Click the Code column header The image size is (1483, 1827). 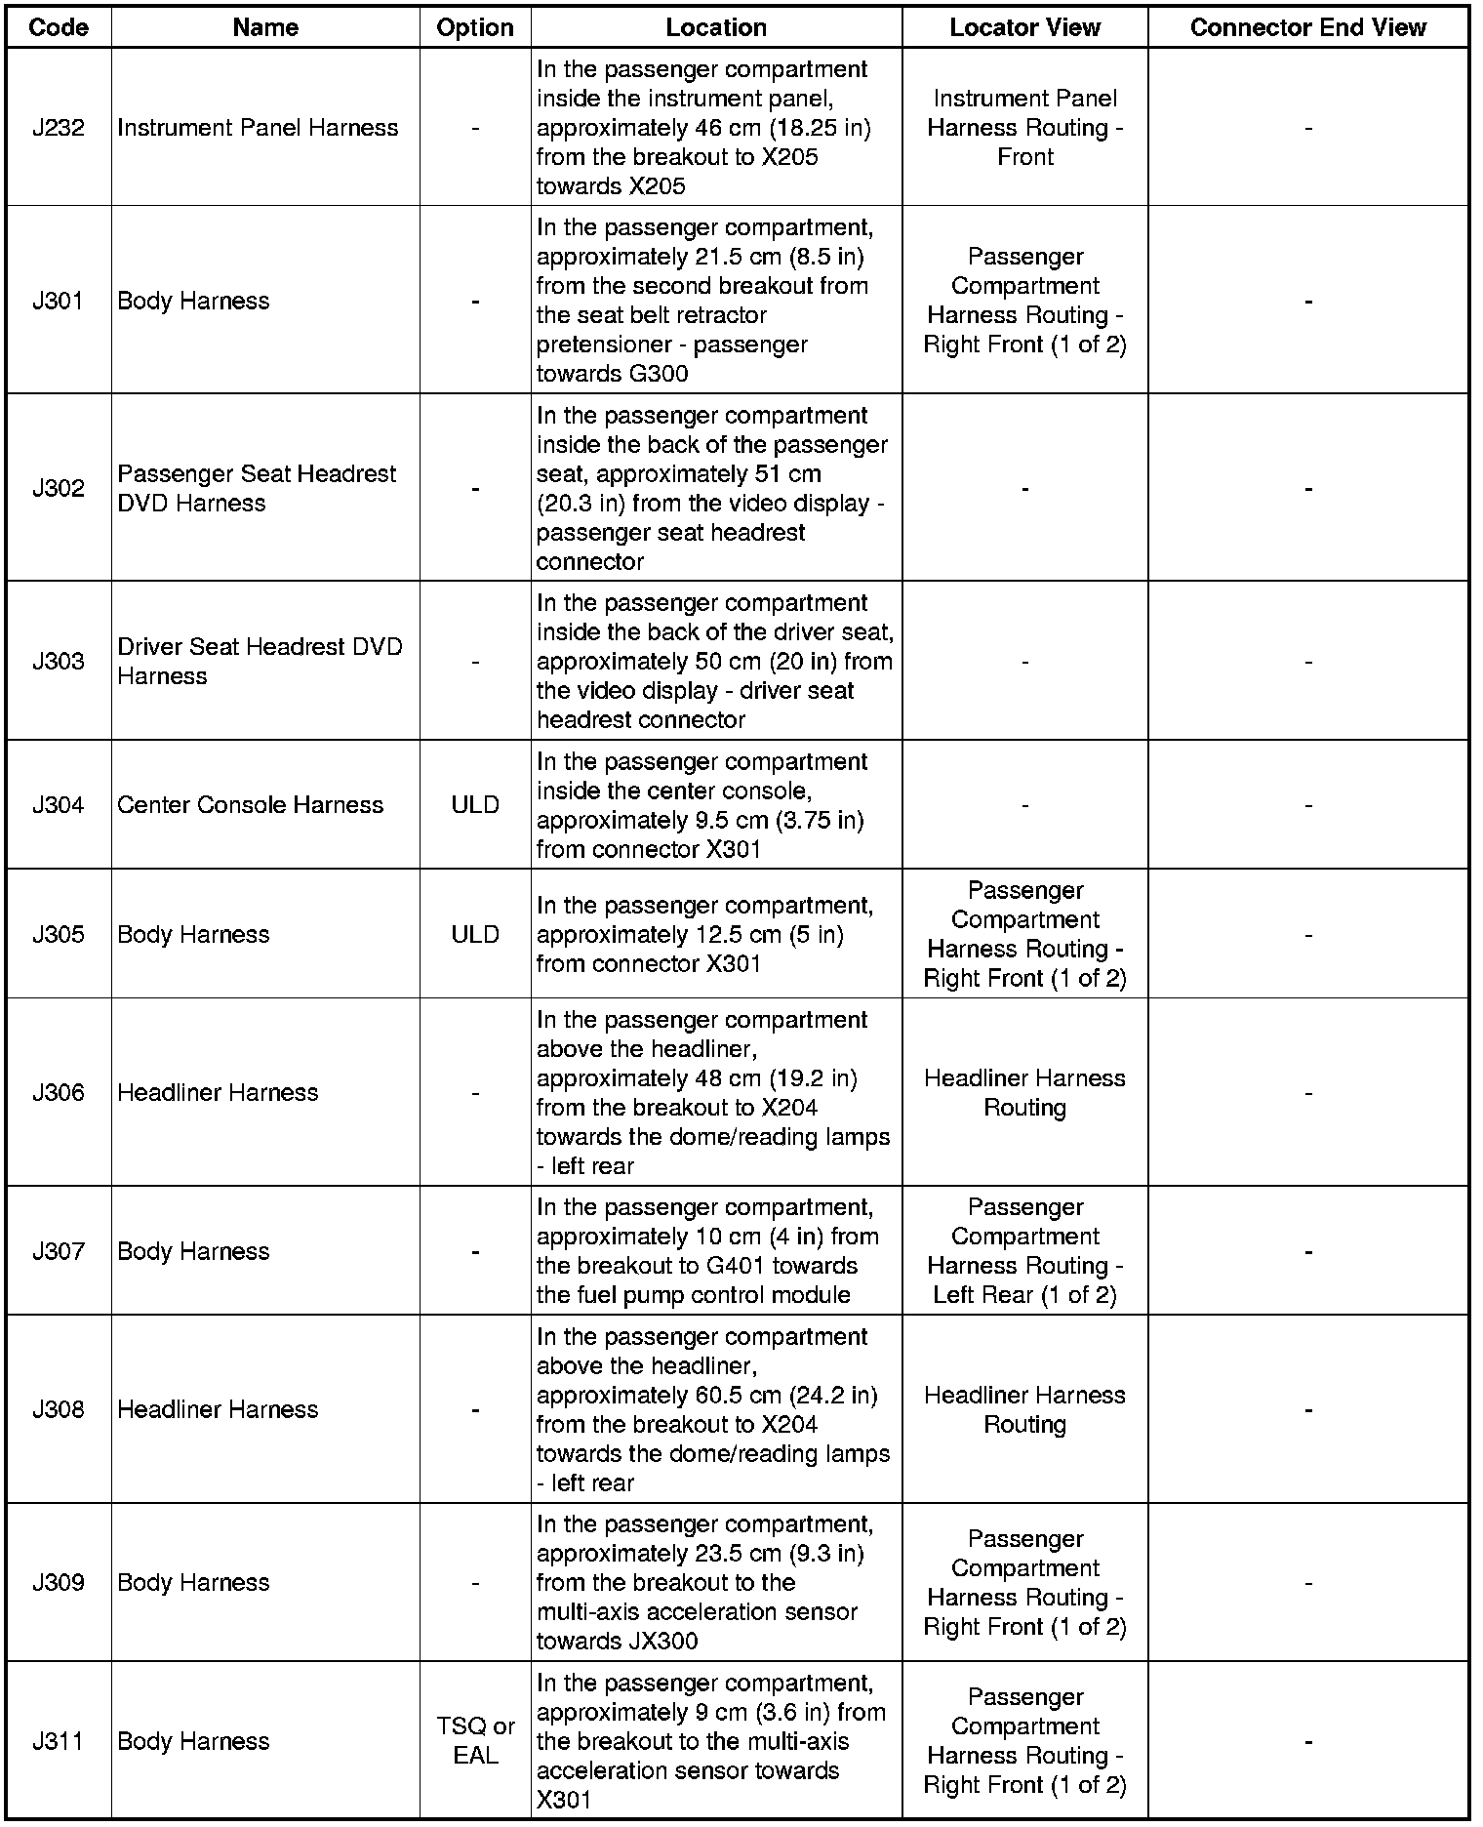(x=59, y=27)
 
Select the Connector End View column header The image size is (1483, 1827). (x=1307, y=27)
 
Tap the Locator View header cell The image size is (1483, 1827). (x=1024, y=27)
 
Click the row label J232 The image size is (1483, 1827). (x=59, y=128)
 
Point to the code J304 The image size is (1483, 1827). (x=59, y=805)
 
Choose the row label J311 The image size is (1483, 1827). (x=59, y=1741)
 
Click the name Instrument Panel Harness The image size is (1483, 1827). (x=258, y=128)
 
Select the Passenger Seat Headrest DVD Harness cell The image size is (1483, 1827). (x=257, y=488)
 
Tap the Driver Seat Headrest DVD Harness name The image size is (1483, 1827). (x=260, y=662)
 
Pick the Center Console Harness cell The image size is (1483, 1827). (x=250, y=805)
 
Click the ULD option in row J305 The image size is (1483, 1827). (x=475, y=935)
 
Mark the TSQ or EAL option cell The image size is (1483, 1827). (x=475, y=1741)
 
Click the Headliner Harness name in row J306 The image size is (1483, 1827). (x=218, y=1092)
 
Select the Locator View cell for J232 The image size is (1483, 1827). (x=1024, y=128)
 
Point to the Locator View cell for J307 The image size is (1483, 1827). (x=1024, y=1251)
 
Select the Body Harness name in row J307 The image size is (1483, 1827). (x=193, y=1251)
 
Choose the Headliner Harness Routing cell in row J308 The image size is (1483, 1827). (x=1024, y=1409)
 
